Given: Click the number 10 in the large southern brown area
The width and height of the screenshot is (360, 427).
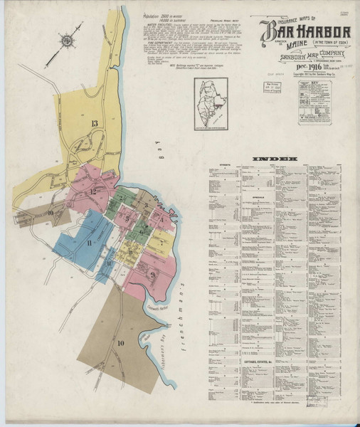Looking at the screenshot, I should [x=120, y=343].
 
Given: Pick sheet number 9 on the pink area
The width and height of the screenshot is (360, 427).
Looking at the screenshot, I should [x=152, y=274].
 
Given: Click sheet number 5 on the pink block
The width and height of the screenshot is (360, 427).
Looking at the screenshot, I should [x=127, y=219].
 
